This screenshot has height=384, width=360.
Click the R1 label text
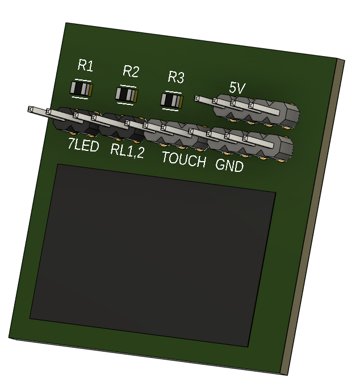coord(85,66)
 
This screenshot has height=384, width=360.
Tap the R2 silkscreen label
coord(131,71)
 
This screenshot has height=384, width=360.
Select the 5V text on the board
coord(237,88)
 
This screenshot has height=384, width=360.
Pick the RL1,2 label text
coord(127,150)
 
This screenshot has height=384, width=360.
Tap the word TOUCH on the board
coord(183,159)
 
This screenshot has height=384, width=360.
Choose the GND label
coord(229,166)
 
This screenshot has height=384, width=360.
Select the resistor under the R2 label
coord(127,94)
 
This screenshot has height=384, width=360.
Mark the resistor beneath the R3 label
coord(172,100)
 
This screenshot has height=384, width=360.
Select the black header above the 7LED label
coord(74,121)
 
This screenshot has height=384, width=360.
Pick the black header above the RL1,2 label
coord(120,128)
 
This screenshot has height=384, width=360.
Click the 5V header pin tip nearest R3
coord(199,99)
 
